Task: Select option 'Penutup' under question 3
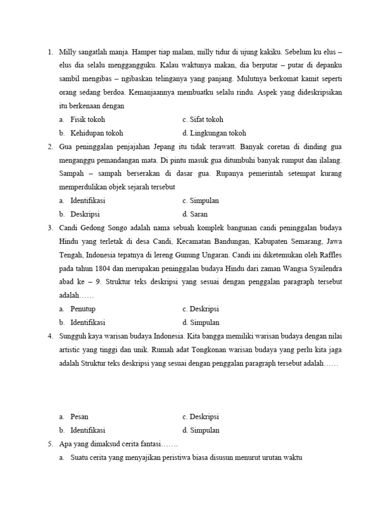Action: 83,309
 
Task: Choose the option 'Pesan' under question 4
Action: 79,417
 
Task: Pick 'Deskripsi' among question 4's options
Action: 204,417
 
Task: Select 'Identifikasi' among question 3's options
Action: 88,323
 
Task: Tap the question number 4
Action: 50,336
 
